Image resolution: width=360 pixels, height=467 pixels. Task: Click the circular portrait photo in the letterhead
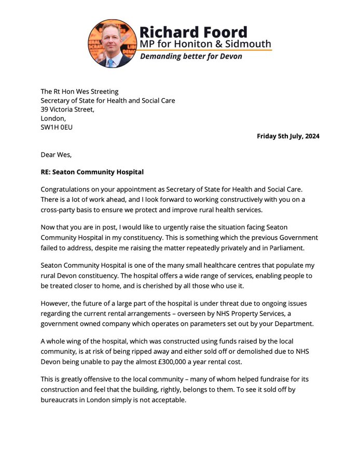[x=113, y=44]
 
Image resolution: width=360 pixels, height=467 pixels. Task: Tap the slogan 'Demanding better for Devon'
[x=191, y=56]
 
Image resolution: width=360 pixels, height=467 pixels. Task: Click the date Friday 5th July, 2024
[x=288, y=136]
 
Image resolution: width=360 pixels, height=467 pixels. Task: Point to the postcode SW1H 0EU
[x=57, y=127]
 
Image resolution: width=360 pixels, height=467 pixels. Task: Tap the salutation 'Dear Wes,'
[x=57, y=155]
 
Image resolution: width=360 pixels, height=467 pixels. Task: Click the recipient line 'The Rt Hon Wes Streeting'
[x=80, y=92]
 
